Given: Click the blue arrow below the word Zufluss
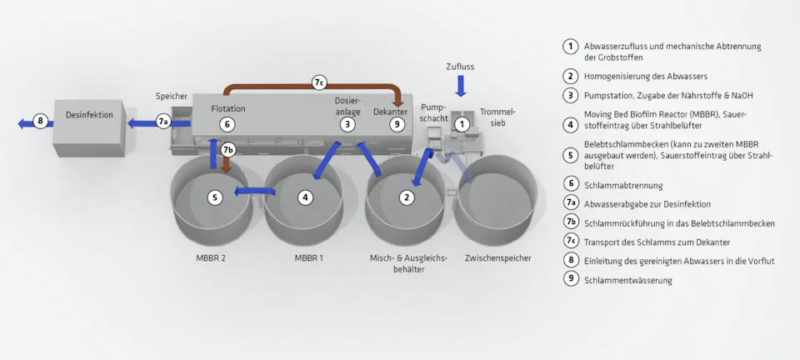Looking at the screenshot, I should (461, 85).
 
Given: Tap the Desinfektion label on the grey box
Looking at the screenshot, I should (88, 116).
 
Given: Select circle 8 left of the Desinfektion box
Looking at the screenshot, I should (40, 122).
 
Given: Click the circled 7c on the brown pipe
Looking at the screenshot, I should (319, 82).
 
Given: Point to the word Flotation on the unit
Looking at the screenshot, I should (227, 108).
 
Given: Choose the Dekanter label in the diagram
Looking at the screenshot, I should (390, 111).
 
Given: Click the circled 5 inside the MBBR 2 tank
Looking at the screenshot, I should (215, 197).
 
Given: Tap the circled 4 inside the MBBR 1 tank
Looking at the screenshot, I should (307, 197).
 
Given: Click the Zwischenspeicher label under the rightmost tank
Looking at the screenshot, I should (497, 258).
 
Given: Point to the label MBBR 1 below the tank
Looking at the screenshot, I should (308, 258).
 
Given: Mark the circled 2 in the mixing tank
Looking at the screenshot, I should (406, 197).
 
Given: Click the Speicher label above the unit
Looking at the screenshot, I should (172, 97).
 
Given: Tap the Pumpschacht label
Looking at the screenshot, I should (435, 112).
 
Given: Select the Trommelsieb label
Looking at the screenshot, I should (497, 117).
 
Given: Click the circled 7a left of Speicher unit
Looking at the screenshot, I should (164, 122).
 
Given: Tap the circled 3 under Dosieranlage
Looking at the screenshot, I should (347, 124).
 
